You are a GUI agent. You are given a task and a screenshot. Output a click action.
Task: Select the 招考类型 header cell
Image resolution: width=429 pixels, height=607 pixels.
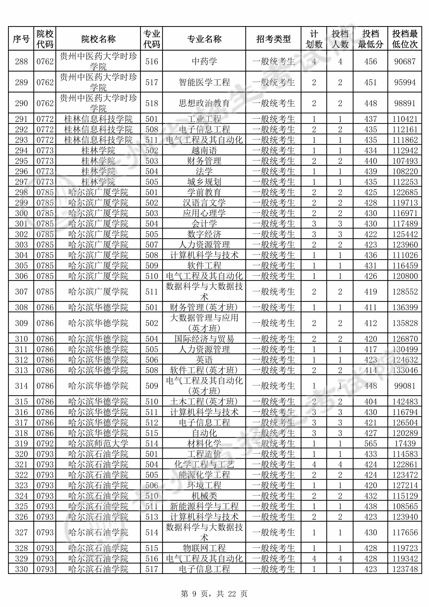pos(273,39)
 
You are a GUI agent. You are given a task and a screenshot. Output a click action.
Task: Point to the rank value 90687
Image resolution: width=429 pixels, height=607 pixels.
pos(405,61)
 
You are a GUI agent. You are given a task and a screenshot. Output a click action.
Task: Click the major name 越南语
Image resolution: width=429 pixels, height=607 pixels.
pos(204,150)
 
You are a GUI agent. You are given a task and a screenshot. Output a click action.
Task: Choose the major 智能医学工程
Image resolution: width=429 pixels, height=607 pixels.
pos(204,82)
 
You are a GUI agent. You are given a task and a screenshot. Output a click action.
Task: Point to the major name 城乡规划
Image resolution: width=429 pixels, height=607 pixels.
pos(204,182)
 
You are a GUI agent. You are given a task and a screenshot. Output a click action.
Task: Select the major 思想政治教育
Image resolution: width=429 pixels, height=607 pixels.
pos(204,103)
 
